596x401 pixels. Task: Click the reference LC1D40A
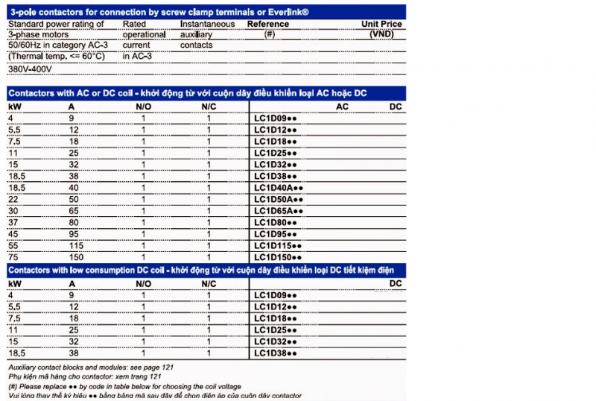click(278, 188)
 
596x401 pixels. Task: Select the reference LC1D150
click(278, 257)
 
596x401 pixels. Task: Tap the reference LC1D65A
click(278, 211)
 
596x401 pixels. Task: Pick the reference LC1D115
click(278, 245)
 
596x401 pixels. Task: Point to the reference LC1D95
click(275, 234)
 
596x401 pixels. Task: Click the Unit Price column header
click(381, 25)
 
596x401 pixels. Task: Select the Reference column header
click(267, 25)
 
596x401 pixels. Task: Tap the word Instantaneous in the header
click(206, 25)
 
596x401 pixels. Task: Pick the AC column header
click(343, 107)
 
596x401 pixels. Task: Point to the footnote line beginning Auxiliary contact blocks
click(89, 368)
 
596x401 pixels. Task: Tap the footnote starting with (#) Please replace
click(127, 387)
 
